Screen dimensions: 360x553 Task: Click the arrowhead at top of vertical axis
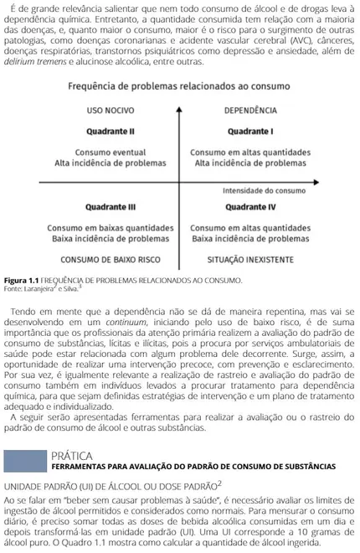180,102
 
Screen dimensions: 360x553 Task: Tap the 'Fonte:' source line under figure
42,288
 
